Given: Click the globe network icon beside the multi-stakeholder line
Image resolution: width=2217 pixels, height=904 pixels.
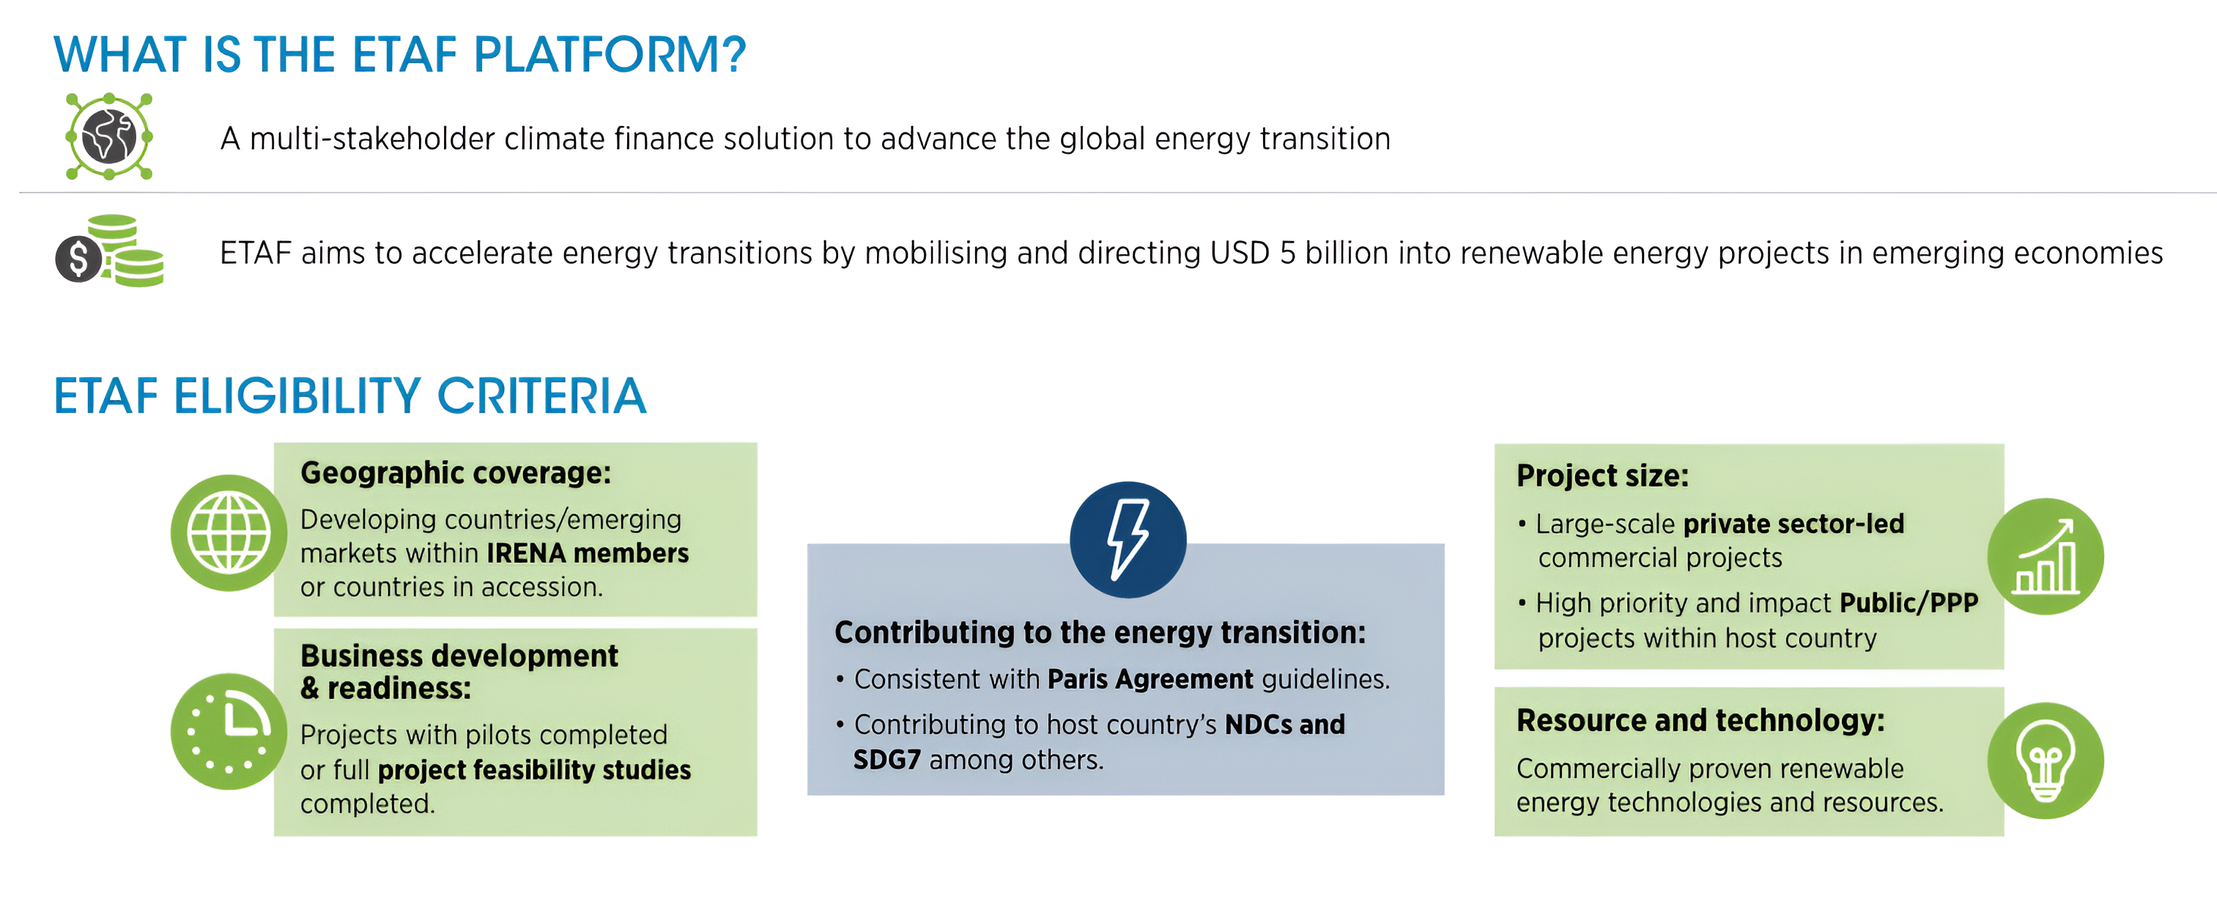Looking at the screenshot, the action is point(109,136).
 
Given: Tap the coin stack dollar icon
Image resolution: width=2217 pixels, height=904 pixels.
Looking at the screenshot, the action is point(109,251).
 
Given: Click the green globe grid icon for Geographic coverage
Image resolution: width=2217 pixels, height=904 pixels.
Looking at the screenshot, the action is point(229,533).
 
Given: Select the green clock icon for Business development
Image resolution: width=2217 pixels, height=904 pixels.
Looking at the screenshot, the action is point(229,731).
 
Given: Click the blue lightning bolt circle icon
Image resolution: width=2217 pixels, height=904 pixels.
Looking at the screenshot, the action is point(1128,540).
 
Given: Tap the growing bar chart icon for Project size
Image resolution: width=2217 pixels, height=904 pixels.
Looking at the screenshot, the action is point(2045,556).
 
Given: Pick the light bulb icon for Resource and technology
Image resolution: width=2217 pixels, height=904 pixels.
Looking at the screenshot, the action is point(2045,760).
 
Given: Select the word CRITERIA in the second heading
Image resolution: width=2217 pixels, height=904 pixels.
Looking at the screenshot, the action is point(541,396).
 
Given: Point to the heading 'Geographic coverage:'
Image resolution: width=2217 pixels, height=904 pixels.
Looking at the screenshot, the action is point(455,473).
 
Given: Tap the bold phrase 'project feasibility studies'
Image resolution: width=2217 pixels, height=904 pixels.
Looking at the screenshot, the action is point(534,770).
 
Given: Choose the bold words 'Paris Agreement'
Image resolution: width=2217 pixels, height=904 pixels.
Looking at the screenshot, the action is point(1150,679).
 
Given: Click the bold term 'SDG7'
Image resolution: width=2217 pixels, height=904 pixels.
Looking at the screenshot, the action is point(887,760).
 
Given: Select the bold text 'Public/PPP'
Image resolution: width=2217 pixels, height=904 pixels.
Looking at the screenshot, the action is point(1909,603).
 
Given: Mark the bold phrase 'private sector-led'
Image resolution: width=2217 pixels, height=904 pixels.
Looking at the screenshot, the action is point(1794,524).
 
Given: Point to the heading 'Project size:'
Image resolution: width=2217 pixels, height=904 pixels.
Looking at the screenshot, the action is point(1602,475).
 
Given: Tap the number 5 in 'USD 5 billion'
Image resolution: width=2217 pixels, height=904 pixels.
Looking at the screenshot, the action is point(1287,253).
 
